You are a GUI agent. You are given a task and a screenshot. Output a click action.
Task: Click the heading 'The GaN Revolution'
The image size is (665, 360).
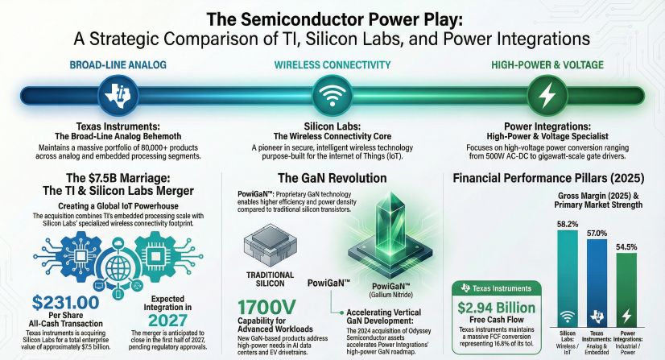pyautogui.click(x=331, y=180)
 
